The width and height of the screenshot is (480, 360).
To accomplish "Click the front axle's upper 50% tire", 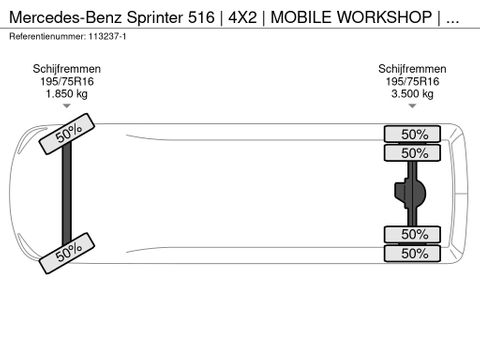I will tap(68, 135).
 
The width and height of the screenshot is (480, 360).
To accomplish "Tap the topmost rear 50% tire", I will tap(413, 134).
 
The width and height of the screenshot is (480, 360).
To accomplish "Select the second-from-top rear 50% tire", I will tap(413, 153).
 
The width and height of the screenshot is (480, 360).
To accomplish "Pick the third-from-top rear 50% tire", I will tap(413, 235).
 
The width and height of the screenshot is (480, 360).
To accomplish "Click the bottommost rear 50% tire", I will tap(413, 254).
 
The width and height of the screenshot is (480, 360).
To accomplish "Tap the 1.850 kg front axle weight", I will tap(67, 94).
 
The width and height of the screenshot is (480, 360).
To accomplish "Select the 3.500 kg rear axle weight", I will tap(412, 94).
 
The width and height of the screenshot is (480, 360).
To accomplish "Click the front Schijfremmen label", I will tap(67, 69).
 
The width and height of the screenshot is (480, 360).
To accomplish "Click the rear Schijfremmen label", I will tap(412, 69).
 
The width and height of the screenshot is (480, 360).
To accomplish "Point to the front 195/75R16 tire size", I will tap(67, 82).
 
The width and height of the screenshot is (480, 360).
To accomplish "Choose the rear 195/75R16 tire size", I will tap(412, 82).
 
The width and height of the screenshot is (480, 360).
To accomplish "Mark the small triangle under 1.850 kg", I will tap(67, 106).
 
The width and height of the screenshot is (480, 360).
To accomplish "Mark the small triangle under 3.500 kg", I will tap(412, 106).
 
